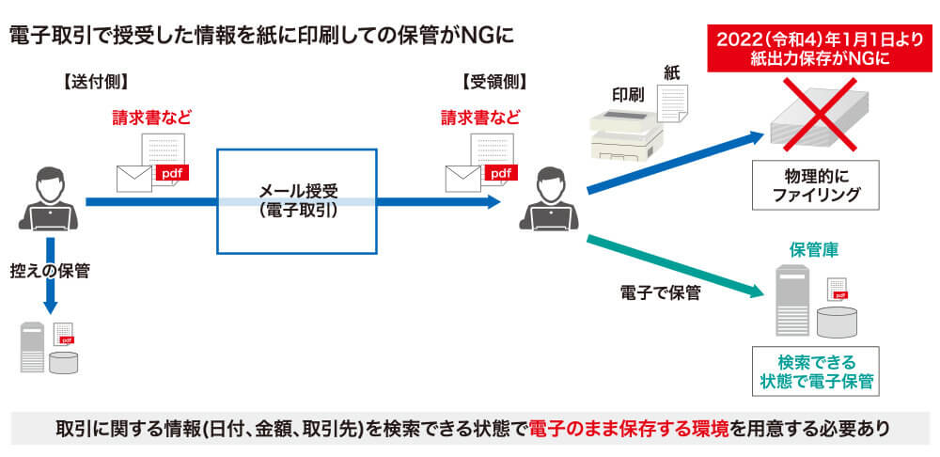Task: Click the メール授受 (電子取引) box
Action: [297, 201]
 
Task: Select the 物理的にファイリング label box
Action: [815, 185]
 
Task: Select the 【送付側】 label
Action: [91, 82]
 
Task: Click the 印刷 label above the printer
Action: [628, 95]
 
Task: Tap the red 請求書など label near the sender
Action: [151, 118]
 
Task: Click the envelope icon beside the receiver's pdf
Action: [462, 176]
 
